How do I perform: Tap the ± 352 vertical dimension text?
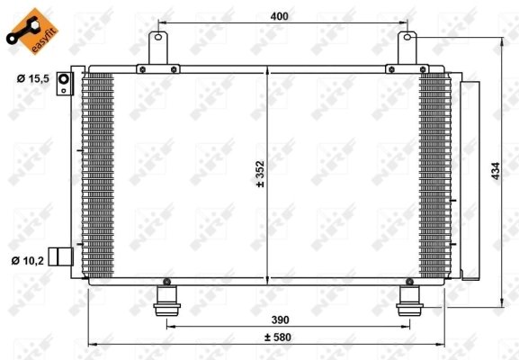pyautogui.click(x=260, y=173)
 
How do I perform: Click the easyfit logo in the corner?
pyautogui.click(x=27, y=27)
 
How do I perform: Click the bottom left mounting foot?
pyautogui.click(x=166, y=298)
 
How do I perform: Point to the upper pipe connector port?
pyautogui.click(x=65, y=85)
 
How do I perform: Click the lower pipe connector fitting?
pyautogui.click(x=60, y=256)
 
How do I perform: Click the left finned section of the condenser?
pyautogui.click(x=99, y=175)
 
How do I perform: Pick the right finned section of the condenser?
pyautogui.click(x=434, y=175)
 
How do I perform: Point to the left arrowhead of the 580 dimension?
pyautogui.click(x=91, y=343)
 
